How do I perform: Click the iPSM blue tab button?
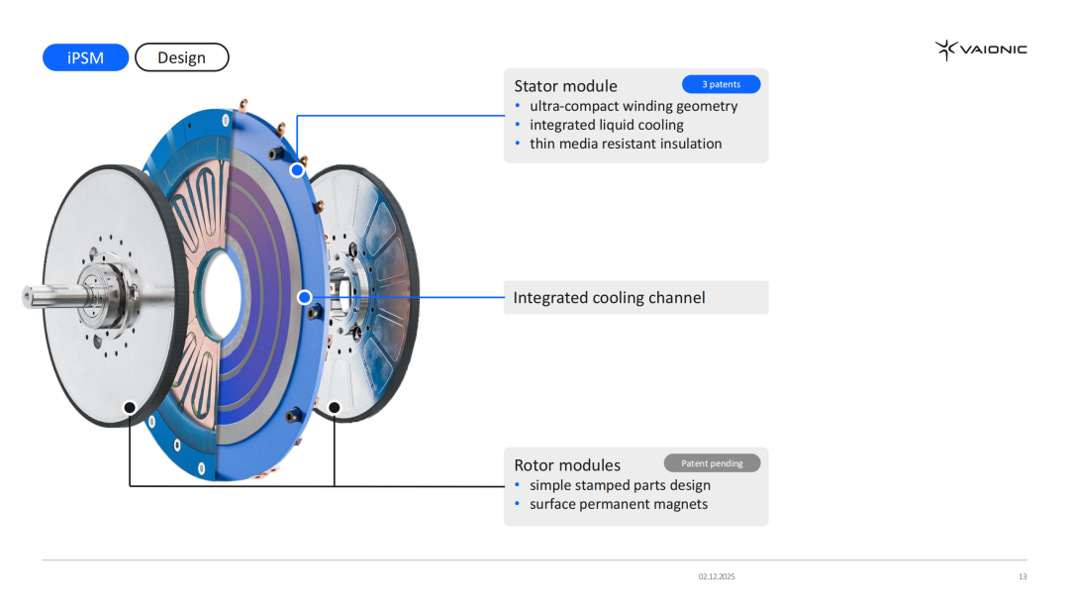click(85, 57)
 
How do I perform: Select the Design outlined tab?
click(181, 57)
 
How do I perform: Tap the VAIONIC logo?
click(981, 50)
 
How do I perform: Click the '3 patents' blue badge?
click(721, 84)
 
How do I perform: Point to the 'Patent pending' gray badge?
click(712, 463)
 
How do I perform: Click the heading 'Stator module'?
click(565, 86)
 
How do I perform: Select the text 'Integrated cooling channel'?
click(609, 298)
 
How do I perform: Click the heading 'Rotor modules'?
click(567, 465)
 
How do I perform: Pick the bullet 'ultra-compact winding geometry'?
click(633, 106)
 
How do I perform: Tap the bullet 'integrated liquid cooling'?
click(606, 125)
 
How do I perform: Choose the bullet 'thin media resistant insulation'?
click(626, 144)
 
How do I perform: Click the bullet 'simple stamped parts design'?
click(620, 485)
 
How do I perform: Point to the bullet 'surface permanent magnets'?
click(619, 504)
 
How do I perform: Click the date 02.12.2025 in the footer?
click(717, 576)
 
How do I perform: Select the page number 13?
click(1022, 576)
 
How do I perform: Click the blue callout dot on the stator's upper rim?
click(296, 170)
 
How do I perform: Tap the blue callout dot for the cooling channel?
click(305, 297)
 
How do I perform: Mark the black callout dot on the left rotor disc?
click(130, 407)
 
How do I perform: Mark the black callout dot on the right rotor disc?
click(335, 407)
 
